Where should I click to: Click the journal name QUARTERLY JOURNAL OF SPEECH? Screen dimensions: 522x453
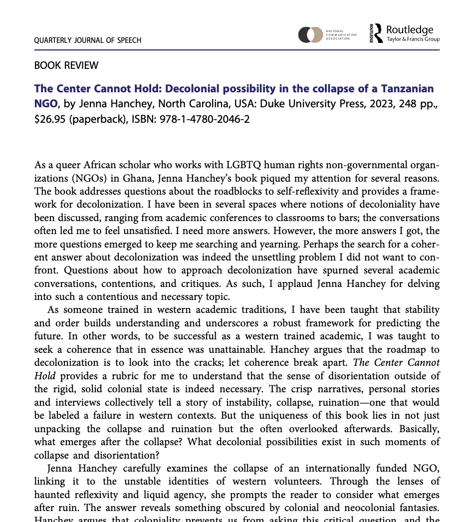pos(87,40)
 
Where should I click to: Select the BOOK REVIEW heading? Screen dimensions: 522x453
pos(66,65)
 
